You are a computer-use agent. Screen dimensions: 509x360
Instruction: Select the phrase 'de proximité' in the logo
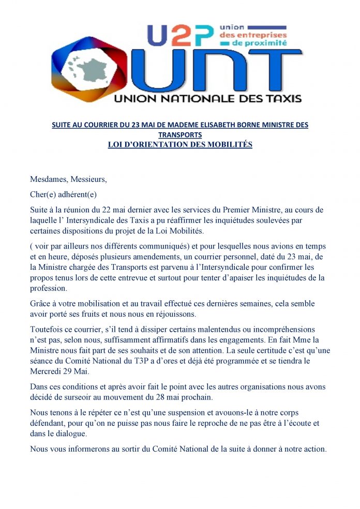[x=260, y=44]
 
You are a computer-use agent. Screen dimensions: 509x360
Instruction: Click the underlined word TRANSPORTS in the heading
[x=180, y=135]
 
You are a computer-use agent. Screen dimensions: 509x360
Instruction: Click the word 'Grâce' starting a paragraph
[x=41, y=304]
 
